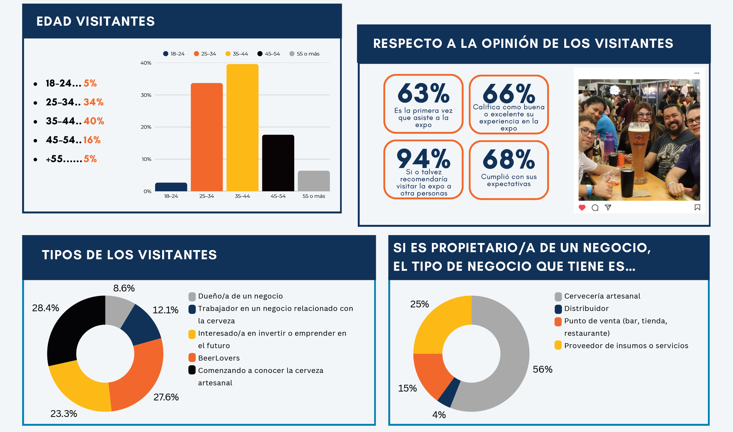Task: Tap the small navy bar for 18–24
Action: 171,187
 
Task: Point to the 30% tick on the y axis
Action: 146,95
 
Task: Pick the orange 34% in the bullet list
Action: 93,102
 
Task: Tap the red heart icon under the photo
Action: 582,208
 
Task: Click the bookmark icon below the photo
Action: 697,208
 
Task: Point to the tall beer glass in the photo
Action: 638,154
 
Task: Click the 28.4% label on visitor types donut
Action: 45,308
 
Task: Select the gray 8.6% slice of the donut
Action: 118,310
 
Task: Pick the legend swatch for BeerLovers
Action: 192,358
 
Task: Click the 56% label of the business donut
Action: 542,369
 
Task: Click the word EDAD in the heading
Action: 54,21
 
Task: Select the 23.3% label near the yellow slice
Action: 64,414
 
